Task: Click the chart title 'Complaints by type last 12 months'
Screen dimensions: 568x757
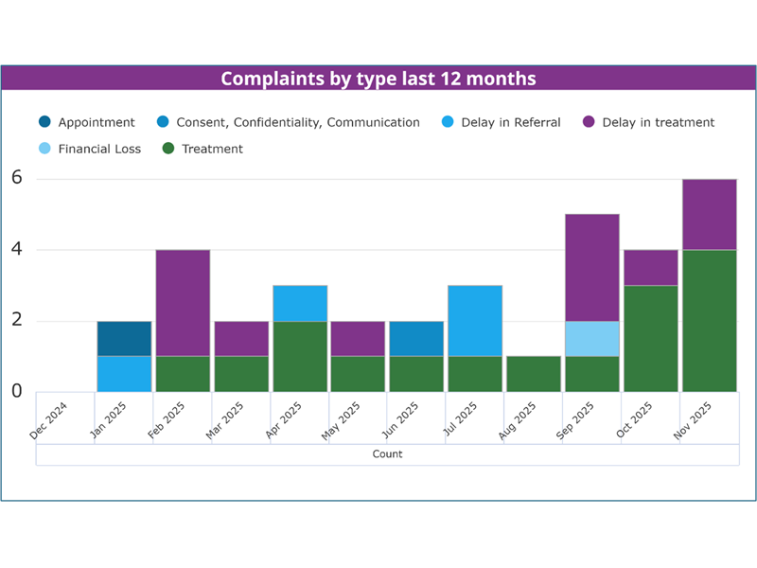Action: (x=378, y=78)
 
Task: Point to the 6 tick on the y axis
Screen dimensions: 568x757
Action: (x=16, y=178)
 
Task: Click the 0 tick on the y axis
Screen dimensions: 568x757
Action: (x=16, y=391)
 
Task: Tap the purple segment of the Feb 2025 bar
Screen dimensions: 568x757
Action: (x=183, y=303)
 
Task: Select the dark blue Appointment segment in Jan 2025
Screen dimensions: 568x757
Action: (x=124, y=339)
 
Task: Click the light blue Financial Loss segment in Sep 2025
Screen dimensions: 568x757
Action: (x=592, y=339)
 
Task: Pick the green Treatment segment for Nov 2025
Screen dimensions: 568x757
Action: (x=710, y=321)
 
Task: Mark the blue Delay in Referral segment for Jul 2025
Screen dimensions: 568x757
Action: (x=475, y=321)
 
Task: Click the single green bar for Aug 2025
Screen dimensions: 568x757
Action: (x=534, y=374)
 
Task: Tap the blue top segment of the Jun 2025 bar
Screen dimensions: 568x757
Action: (x=416, y=339)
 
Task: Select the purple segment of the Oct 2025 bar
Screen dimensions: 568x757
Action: (x=651, y=268)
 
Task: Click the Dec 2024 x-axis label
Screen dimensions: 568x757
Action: (x=49, y=419)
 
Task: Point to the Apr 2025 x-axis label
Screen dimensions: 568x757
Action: (x=284, y=419)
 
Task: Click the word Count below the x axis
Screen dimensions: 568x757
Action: (x=387, y=454)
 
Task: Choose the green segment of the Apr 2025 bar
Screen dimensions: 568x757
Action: (x=300, y=357)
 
